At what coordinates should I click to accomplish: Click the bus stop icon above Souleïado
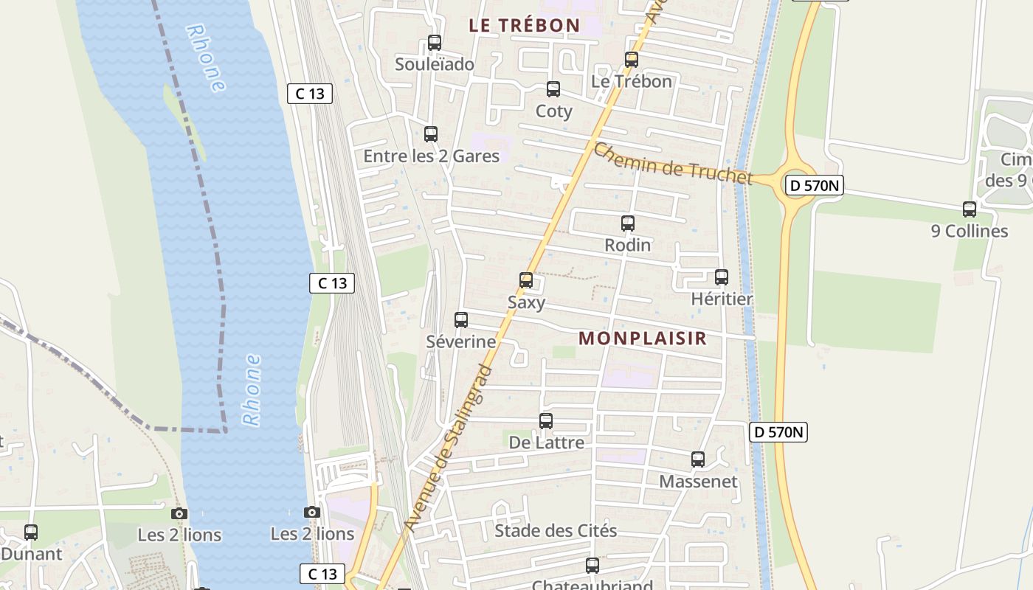[x=435, y=43]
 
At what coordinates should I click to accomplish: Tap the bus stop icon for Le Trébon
[x=632, y=60]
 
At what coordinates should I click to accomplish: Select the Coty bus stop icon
[x=553, y=90]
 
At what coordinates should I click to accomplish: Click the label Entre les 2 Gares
[x=431, y=156]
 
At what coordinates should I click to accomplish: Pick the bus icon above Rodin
[x=628, y=223]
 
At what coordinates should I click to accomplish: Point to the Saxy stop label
[x=526, y=302]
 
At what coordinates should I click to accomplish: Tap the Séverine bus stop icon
[x=461, y=320]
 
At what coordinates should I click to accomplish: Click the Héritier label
[x=722, y=299]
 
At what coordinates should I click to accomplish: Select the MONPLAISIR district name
[x=643, y=339]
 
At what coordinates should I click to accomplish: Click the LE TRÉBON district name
[x=525, y=25]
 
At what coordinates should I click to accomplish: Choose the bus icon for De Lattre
[x=546, y=421]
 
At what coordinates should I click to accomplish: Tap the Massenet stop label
[x=698, y=482]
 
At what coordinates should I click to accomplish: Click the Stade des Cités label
[x=556, y=531]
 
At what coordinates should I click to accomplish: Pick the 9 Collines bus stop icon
[x=970, y=209]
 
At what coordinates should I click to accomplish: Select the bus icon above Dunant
[x=31, y=532]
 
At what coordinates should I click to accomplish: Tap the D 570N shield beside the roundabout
[x=813, y=186]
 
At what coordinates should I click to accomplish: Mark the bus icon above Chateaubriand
[x=592, y=566]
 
